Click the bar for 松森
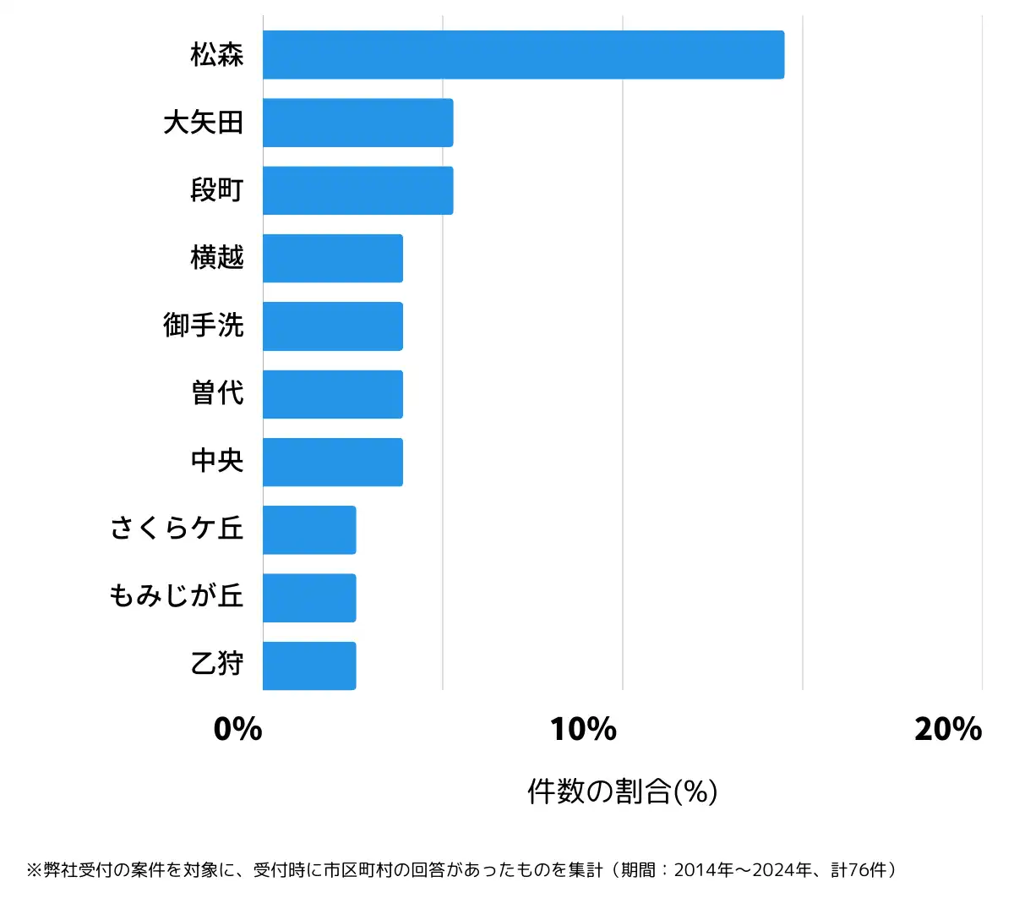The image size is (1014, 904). [x=523, y=55]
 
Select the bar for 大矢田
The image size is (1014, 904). [x=357, y=123]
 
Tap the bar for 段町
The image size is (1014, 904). [x=357, y=190]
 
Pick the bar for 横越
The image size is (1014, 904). [x=332, y=258]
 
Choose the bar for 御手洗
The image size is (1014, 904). [x=332, y=326]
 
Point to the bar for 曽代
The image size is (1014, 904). [x=332, y=394]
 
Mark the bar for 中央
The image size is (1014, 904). [x=332, y=462]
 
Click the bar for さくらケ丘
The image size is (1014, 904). [x=309, y=530]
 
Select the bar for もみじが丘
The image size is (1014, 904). [x=309, y=598]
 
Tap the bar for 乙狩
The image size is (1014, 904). [x=309, y=666]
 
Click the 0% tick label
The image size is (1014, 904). [x=237, y=729]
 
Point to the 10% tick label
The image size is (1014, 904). [x=583, y=729]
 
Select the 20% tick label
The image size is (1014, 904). [x=947, y=729]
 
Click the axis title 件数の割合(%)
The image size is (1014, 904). [x=623, y=792]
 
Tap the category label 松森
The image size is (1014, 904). [x=217, y=55]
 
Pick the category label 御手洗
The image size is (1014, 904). [x=204, y=326]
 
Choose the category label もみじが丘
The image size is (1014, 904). [x=177, y=596]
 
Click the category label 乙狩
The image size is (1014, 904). [x=217, y=664]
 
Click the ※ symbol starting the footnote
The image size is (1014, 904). [x=34, y=870]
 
